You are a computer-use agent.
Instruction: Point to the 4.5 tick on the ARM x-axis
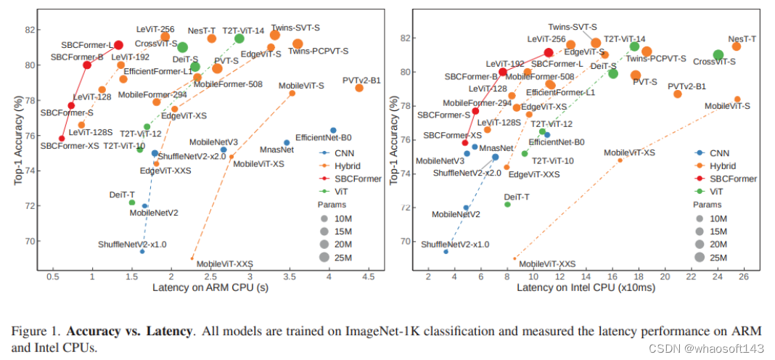pos(369,276)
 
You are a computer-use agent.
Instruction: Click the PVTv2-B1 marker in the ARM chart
pos(359,88)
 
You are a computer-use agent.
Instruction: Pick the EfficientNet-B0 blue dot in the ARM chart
pos(333,131)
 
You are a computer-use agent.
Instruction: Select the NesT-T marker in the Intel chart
pos(736,46)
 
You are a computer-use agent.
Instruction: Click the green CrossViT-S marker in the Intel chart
pos(718,55)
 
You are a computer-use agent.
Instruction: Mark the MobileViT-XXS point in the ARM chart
pos(192,258)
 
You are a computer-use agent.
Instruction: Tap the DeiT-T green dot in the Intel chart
pos(507,205)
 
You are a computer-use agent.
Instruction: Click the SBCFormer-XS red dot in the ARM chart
pos(62,139)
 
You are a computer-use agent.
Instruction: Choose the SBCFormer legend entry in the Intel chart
pos(729,179)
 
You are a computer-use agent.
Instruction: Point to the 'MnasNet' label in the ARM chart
pos(276,150)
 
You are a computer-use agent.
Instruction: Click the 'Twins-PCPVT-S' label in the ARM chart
pos(318,51)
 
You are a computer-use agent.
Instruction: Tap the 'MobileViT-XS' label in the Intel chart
pos(629,153)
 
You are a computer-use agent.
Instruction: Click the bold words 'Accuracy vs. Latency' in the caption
pos(129,331)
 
